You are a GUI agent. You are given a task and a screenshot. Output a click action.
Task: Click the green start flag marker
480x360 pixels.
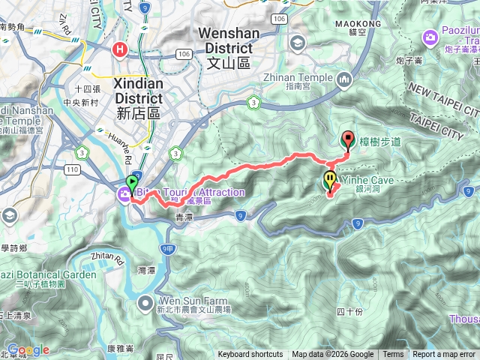pyautogui.click(x=133, y=183)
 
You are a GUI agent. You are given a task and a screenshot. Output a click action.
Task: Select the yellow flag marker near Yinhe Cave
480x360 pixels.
pyautogui.click(x=329, y=181)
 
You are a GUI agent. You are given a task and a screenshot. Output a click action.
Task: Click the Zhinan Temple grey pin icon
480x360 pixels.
pyautogui.click(x=344, y=78)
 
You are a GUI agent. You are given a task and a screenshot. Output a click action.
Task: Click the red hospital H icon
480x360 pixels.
pyautogui.click(x=119, y=50)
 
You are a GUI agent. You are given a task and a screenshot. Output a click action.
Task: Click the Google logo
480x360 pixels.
pyautogui.click(x=28, y=349)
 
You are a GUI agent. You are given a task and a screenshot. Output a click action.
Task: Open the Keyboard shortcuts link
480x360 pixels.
pyautogui.click(x=250, y=355)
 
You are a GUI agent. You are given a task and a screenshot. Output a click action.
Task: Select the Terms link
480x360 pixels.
pyautogui.click(x=393, y=355)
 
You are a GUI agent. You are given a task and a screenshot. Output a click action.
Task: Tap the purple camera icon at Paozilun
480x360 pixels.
pyautogui.click(x=430, y=37)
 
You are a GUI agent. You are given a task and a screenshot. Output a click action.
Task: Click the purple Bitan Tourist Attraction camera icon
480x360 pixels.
pyautogui.click(x=123, y=194)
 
